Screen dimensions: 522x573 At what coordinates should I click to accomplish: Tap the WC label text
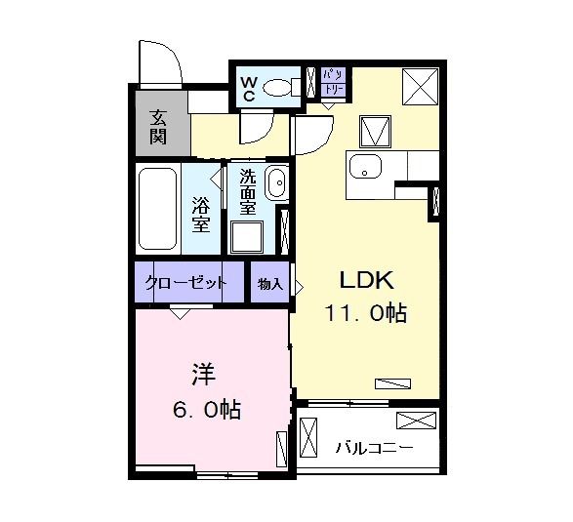tap(248, 88)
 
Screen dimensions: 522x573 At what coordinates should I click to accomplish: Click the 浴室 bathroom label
tap(202, 215)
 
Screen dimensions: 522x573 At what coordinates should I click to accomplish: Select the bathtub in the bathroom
tap(158, 209)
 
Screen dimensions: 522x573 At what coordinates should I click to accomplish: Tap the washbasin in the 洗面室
tap(275, 182)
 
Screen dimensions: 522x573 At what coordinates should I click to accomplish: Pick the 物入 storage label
tap(269, 284)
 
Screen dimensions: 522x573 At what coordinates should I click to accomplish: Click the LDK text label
tap(365, 281)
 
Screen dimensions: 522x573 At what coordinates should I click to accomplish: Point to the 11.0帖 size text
tap(365, 314)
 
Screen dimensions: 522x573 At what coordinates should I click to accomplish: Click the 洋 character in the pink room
tap(202, 374)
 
